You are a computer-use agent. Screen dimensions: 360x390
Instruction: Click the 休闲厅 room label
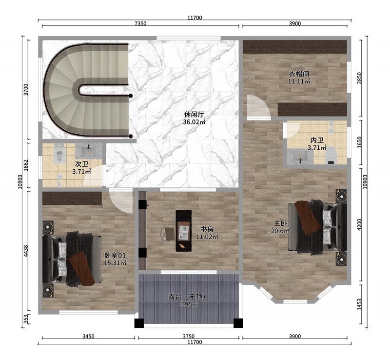194,114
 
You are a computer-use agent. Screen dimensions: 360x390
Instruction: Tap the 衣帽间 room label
299,74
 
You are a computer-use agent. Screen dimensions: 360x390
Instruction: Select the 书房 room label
207,229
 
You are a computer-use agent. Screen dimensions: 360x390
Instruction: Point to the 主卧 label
279,223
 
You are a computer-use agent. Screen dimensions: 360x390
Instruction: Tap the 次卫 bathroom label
81,164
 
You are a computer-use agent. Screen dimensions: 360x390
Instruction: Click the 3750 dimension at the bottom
189,336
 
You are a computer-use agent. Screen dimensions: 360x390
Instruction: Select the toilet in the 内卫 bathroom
332,155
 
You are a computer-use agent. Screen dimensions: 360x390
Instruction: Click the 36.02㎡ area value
194,122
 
